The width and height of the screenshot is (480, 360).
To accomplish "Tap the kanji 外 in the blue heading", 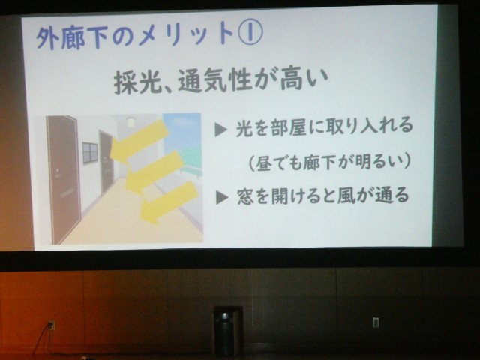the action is pyautogui.click(x=48, y=39).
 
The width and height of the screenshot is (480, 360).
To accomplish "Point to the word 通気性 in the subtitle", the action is pyautogui.click(x=215, y=82).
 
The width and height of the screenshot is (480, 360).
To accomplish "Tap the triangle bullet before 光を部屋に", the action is pyautogui.click(x=220, y=130).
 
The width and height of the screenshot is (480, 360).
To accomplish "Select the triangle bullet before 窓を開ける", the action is pyautogui.click(x=222, y=197).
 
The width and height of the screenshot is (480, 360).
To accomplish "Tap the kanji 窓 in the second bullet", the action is pyautogui.click(x=245, y=196).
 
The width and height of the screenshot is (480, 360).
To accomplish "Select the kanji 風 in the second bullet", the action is pyautogui.click(x=346, y=195).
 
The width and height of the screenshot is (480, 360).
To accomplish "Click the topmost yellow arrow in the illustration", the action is pyautogui.click(x=139, y=140).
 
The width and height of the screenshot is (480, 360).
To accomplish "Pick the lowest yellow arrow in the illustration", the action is pyautogui.click(x=169, y=202).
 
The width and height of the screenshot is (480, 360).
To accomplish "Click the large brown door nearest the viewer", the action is pyautogui.click(x=64, y=178).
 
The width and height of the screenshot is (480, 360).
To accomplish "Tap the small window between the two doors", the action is pyautogui.click(x=90, y=152).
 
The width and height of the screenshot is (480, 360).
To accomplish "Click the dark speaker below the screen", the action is pyautogui.click(x=225, y=331).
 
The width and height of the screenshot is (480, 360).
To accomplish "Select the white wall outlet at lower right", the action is pyautogui.click(x=376, y=322).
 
